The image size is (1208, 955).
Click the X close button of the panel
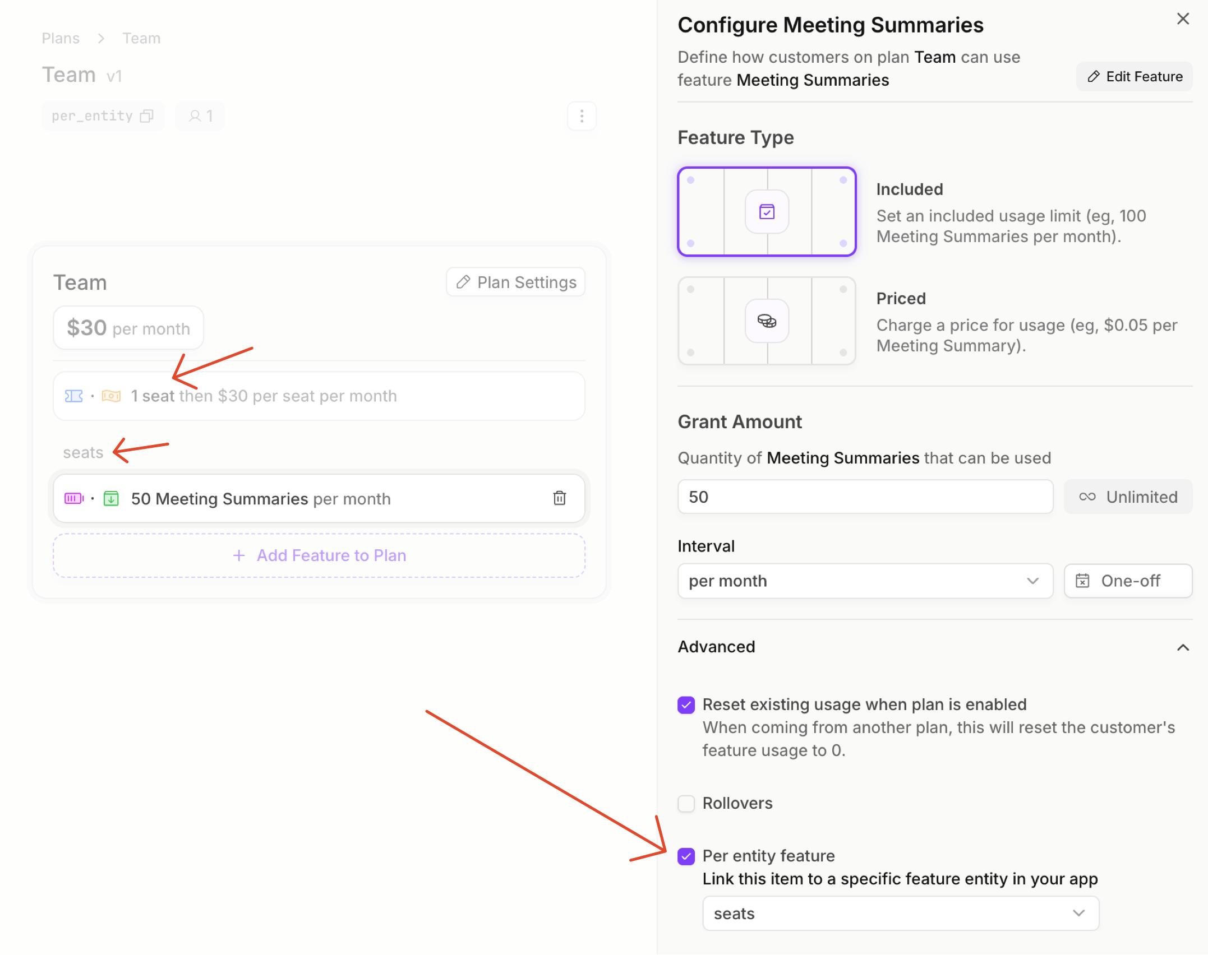coord(1183,19)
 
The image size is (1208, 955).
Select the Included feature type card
coord(767,212)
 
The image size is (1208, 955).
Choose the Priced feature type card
coord(767,321)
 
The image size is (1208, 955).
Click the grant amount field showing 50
coord(865,497)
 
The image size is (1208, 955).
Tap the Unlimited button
coord(1128,497)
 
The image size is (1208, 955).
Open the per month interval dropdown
coord(865,581)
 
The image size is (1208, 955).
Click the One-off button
coord(1128,581)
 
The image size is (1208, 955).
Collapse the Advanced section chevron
coord(1183,648)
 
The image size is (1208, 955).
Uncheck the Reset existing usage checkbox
coord(686,705)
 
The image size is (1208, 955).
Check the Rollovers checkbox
coord(686,804)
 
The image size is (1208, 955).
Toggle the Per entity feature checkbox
coord(686,856)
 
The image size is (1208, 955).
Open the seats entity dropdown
coord(901,914)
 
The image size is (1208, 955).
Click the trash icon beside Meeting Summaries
coord(560,498)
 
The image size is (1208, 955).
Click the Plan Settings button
coord(515,282)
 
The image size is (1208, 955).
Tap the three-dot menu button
coord(582,116)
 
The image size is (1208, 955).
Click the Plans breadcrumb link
coord(61,38)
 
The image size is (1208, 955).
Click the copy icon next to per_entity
coord(147,116)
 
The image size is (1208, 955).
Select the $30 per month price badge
coord(128,328)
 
